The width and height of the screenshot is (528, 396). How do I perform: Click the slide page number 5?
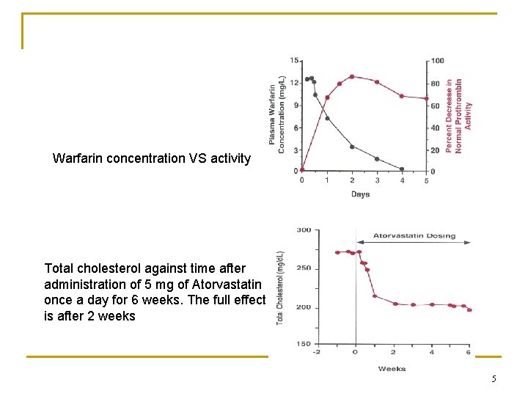pyautogui.click(x=494, y=379)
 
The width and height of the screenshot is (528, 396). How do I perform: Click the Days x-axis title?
pyautogui.click(x=360, y=194)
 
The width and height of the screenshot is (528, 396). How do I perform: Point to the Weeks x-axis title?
pyautogui.click(x=392, y=369)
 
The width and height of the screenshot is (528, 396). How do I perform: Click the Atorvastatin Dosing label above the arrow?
pyautogui.click(x=414, y=236)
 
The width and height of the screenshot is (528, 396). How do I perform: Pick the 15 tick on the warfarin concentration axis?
pyautogui.click(x=294, y=61)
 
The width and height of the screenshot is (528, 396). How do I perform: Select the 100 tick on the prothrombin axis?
pyautogui.click(x=437, y=61)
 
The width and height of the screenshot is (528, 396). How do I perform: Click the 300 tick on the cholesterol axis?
pyautogui.click(x=303, y=230)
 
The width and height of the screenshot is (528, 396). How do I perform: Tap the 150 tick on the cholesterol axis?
pyautogui.click(x=303, y=344)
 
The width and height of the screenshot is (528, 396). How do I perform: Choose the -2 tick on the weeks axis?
pyautogui.click(x=317, y=353)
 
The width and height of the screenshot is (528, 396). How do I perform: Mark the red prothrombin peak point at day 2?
pyautogui.click(x=352, y=76)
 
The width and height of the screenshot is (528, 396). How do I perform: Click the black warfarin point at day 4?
pyautogui.click(x=402, y=169)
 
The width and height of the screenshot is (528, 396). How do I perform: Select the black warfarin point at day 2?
pyautogui.click(x=352, y=147)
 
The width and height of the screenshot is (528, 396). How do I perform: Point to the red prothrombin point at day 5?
pyautogui.click(x=427, y=98)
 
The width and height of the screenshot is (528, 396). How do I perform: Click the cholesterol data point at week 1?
pyautogui.click(x=375, y=296)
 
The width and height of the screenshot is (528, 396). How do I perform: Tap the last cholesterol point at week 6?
pyautogui.click(x=469, y=310)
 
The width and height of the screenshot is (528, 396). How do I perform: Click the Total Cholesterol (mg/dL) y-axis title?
pyautogui.click(x=280, y=288)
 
